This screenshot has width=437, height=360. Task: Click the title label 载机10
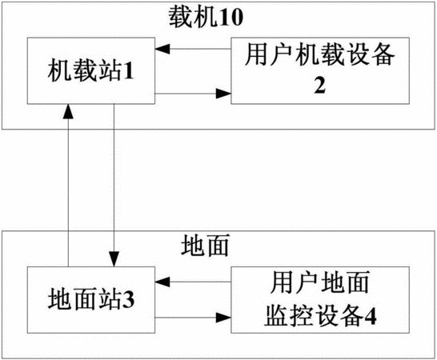tap(206, 18)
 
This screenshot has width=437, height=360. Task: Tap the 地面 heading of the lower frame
tap(206, 246)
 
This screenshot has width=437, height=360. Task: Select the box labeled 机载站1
tap(91, 70)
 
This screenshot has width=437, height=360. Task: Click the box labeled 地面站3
tap(91, 300)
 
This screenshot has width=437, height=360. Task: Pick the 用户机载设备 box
tap(320, 70)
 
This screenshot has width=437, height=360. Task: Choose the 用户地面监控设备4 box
tap(320, 300)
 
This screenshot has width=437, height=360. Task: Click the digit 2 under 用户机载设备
tap(320, 85)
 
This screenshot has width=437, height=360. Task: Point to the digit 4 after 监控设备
tap(370, 317)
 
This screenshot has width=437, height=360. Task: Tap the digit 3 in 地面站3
tap(129, 300)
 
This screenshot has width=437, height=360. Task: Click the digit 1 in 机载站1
tap(128, 71)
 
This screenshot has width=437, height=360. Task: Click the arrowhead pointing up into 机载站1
tap(68, 111)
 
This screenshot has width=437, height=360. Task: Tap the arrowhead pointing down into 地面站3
tap(114, 259)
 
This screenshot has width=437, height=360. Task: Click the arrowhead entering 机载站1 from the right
tap(162, 49)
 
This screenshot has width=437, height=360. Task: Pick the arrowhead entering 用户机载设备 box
tap(223, 94)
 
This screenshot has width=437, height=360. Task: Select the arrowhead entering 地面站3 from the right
tap(162, 282)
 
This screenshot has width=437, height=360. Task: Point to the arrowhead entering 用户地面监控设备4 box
tap(223, 318)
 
